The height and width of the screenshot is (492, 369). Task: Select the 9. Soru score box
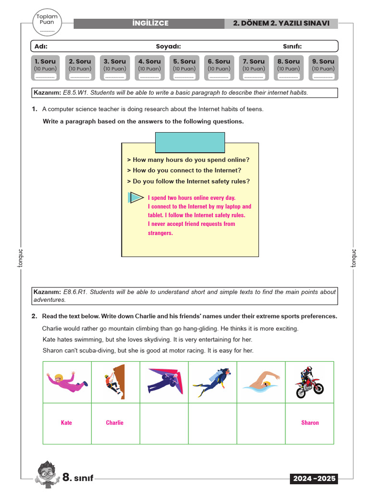[x=323, y=68]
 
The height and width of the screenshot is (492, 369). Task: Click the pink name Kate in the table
[x=66, y=423]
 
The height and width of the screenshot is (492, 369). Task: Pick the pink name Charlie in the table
[x=115, y=423]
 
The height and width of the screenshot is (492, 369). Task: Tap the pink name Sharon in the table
[x=310, y=423]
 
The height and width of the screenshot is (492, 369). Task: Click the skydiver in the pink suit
[x=67, y=382]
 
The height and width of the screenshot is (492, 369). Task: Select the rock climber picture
[x=115, y=382]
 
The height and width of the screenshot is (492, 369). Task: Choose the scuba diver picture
[x=212, y=382]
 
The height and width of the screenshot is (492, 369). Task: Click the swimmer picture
[x=261, y=382]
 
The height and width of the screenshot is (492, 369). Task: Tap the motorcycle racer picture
[x=309, y=382]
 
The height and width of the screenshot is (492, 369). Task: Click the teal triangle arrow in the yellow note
[x=136, y=197]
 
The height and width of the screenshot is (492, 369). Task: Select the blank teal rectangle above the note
[x=190, y=143]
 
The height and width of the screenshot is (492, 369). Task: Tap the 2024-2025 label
[x=313, y=479]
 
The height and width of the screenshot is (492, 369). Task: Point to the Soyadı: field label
[x=168, y=46]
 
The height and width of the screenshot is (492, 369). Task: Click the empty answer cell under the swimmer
[x=261, y=423]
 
